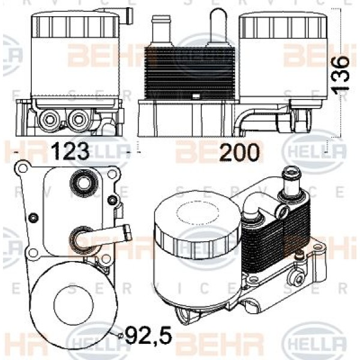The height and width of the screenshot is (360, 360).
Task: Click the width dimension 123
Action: (74, 151)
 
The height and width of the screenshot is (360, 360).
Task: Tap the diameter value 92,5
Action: (147, 334)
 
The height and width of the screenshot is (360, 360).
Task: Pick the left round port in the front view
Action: (47, 119)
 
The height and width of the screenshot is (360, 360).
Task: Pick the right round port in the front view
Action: (77, 119)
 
